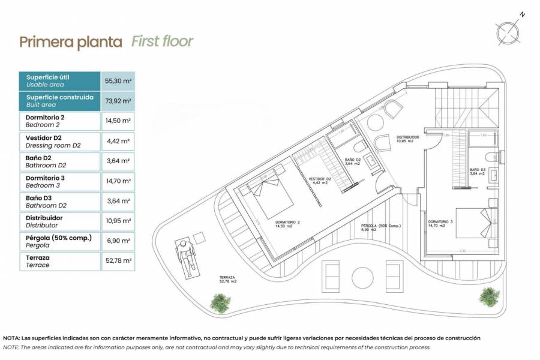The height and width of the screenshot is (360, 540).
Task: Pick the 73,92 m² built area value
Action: click(118, 101)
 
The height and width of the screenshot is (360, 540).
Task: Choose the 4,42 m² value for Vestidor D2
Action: click(118, 141)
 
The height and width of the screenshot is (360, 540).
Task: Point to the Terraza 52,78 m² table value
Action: click(118, 261)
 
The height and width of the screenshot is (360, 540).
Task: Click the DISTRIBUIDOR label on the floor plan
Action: click(407, 137)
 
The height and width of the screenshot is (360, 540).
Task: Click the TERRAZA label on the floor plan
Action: click(227, 278)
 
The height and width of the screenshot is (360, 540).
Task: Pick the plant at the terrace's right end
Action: click(489, 296)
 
